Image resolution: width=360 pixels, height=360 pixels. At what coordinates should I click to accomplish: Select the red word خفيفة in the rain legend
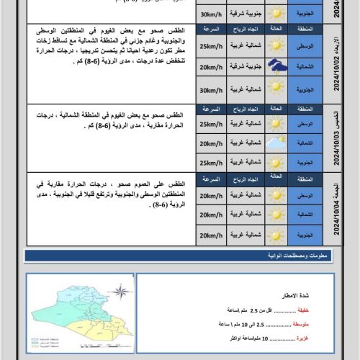307,310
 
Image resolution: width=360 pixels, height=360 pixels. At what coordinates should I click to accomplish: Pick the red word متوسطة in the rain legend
305,325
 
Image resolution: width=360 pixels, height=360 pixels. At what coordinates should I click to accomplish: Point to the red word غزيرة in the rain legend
308,338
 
